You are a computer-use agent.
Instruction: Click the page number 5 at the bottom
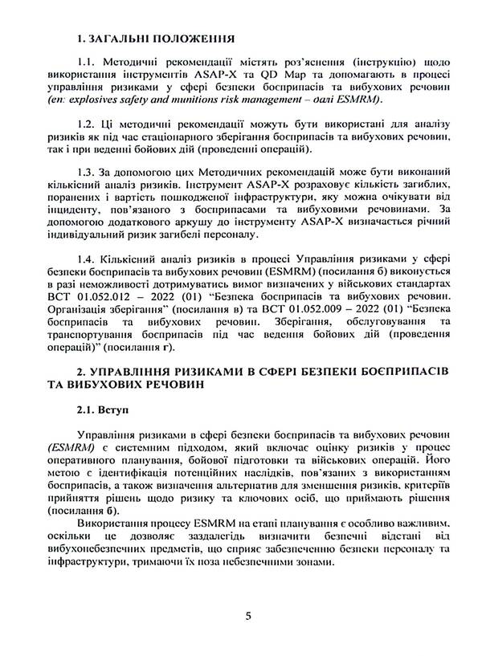(248, 615)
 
